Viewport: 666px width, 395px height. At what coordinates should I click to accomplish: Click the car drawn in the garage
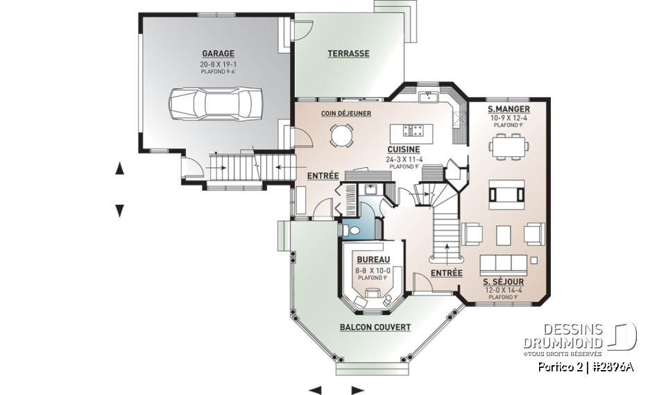(215, 105)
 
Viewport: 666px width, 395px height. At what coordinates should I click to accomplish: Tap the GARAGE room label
(218, 53)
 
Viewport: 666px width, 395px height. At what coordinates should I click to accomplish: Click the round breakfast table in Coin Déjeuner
(341, 135)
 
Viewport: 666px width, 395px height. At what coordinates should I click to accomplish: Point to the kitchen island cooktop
(412, 130)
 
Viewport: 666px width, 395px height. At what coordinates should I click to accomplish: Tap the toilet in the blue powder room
(351, 231)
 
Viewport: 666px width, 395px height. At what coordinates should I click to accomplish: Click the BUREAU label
(373, 260)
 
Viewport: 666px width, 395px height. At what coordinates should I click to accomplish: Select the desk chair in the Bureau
(373, 292)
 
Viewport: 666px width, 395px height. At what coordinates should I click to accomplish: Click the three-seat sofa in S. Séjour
(504, 265)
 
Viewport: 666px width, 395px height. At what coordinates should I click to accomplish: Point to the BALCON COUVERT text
(375, 327)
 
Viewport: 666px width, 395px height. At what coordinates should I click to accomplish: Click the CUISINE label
(404, 150)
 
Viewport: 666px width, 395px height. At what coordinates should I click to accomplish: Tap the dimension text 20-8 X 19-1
(218, 65)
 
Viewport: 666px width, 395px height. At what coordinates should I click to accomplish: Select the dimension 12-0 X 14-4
(504, 290)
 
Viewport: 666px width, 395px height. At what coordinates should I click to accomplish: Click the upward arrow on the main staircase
(446, 251)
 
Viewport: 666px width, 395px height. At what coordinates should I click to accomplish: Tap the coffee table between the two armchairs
(504, 235)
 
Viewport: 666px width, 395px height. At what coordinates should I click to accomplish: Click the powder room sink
(370, 190)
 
